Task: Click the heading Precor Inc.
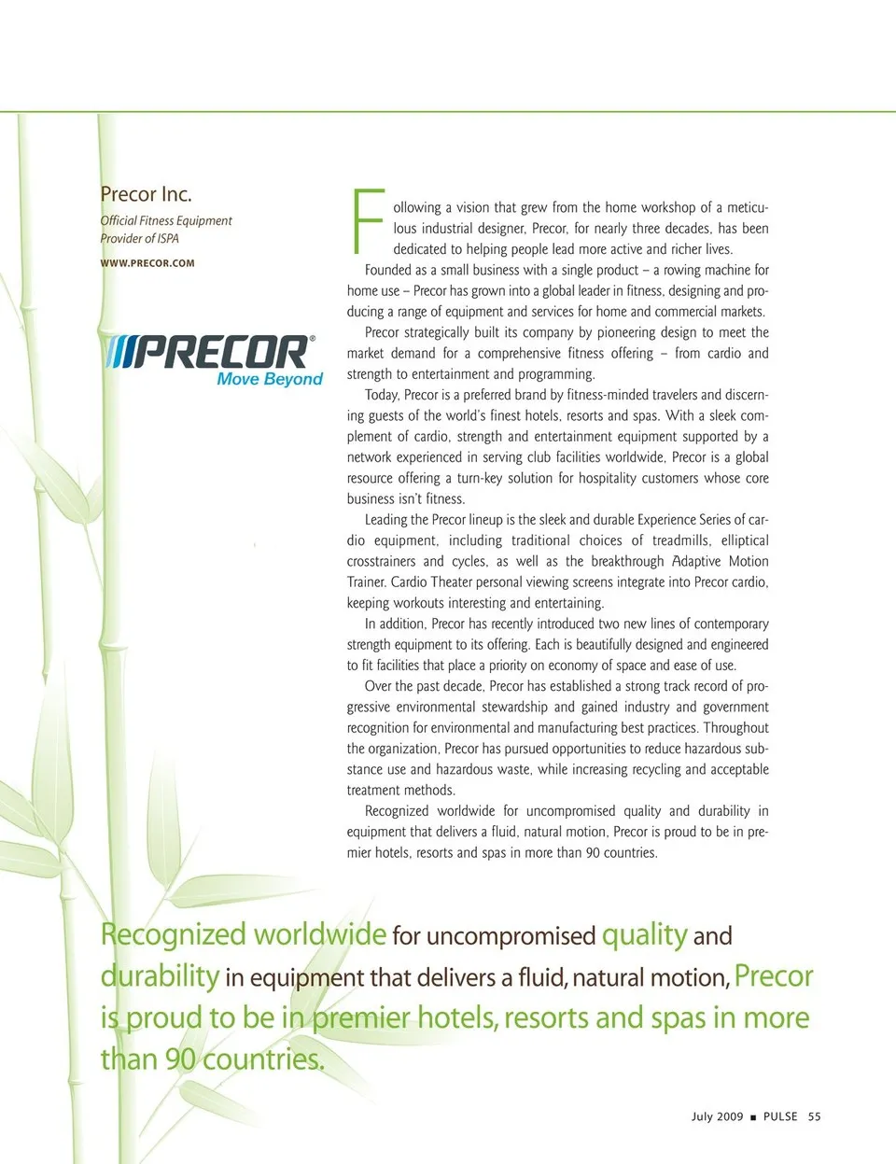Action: point(146,194)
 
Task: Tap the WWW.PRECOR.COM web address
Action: point(147,263)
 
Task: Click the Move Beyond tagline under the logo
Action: point(270,379)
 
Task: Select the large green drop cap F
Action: point(368,222)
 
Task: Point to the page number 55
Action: point(814,1116)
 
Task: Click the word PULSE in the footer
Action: point(780,1116)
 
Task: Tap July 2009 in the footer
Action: point(717,1116)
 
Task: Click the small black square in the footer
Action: point(753,1117)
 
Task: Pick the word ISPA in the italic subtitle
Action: point(168,239)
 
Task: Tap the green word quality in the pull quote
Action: point(644,934)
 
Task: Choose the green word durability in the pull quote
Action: point(160,976)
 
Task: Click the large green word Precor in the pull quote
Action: point(774,976)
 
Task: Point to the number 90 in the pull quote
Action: point(179,1059)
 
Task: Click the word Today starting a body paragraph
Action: point(382,395)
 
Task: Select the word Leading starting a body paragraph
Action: point(386,520)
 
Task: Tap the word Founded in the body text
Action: point(388,270)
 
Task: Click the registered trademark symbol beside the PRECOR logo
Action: point(312,339)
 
